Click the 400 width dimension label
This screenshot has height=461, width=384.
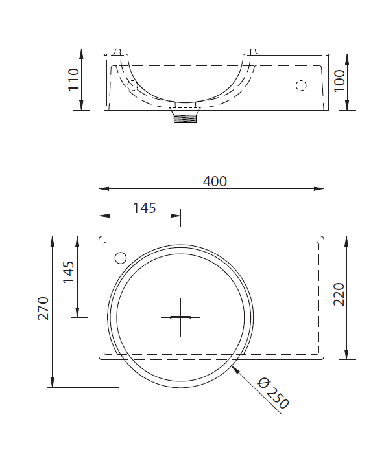click(215, 181)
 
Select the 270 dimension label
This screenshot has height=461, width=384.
click(43, 308)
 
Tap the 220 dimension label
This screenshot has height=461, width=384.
click(339, 295)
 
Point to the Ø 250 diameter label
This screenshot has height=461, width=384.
click(272, 394)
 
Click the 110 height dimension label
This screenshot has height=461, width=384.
click(73, 80)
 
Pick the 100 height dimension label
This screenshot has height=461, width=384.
click(339, 81)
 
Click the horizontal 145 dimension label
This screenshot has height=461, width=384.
click(144, 208)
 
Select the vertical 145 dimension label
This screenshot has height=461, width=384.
click(69, 272)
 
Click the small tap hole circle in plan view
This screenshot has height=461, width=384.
click(121, 258)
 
